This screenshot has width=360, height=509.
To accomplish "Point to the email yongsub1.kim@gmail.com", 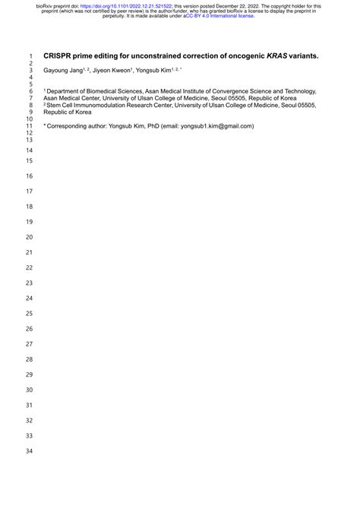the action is [216, 126].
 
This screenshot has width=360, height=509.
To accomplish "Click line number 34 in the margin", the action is [30, 452].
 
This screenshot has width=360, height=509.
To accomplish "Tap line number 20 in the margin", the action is [30, 237].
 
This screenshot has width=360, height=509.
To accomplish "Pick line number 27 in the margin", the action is [30, 344].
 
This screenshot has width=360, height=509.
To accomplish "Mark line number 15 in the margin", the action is [30, 161].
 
